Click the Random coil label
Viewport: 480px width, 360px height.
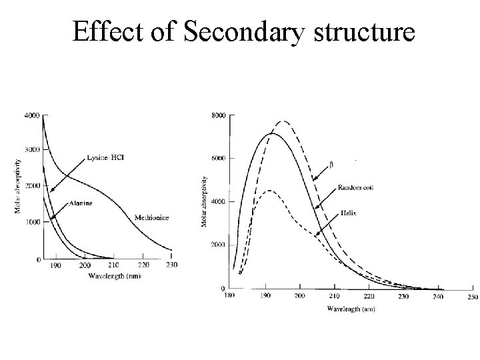[x=355, y=188]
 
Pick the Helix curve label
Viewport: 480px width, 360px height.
[x=347, y=212]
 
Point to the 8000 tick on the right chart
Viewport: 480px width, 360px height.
[x=219, y=115]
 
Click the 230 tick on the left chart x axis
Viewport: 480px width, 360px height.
[x=171, y=265]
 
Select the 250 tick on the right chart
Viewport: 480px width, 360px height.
[x=471, y=297]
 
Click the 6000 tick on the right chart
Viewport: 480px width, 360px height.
[x=219, y=159]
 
